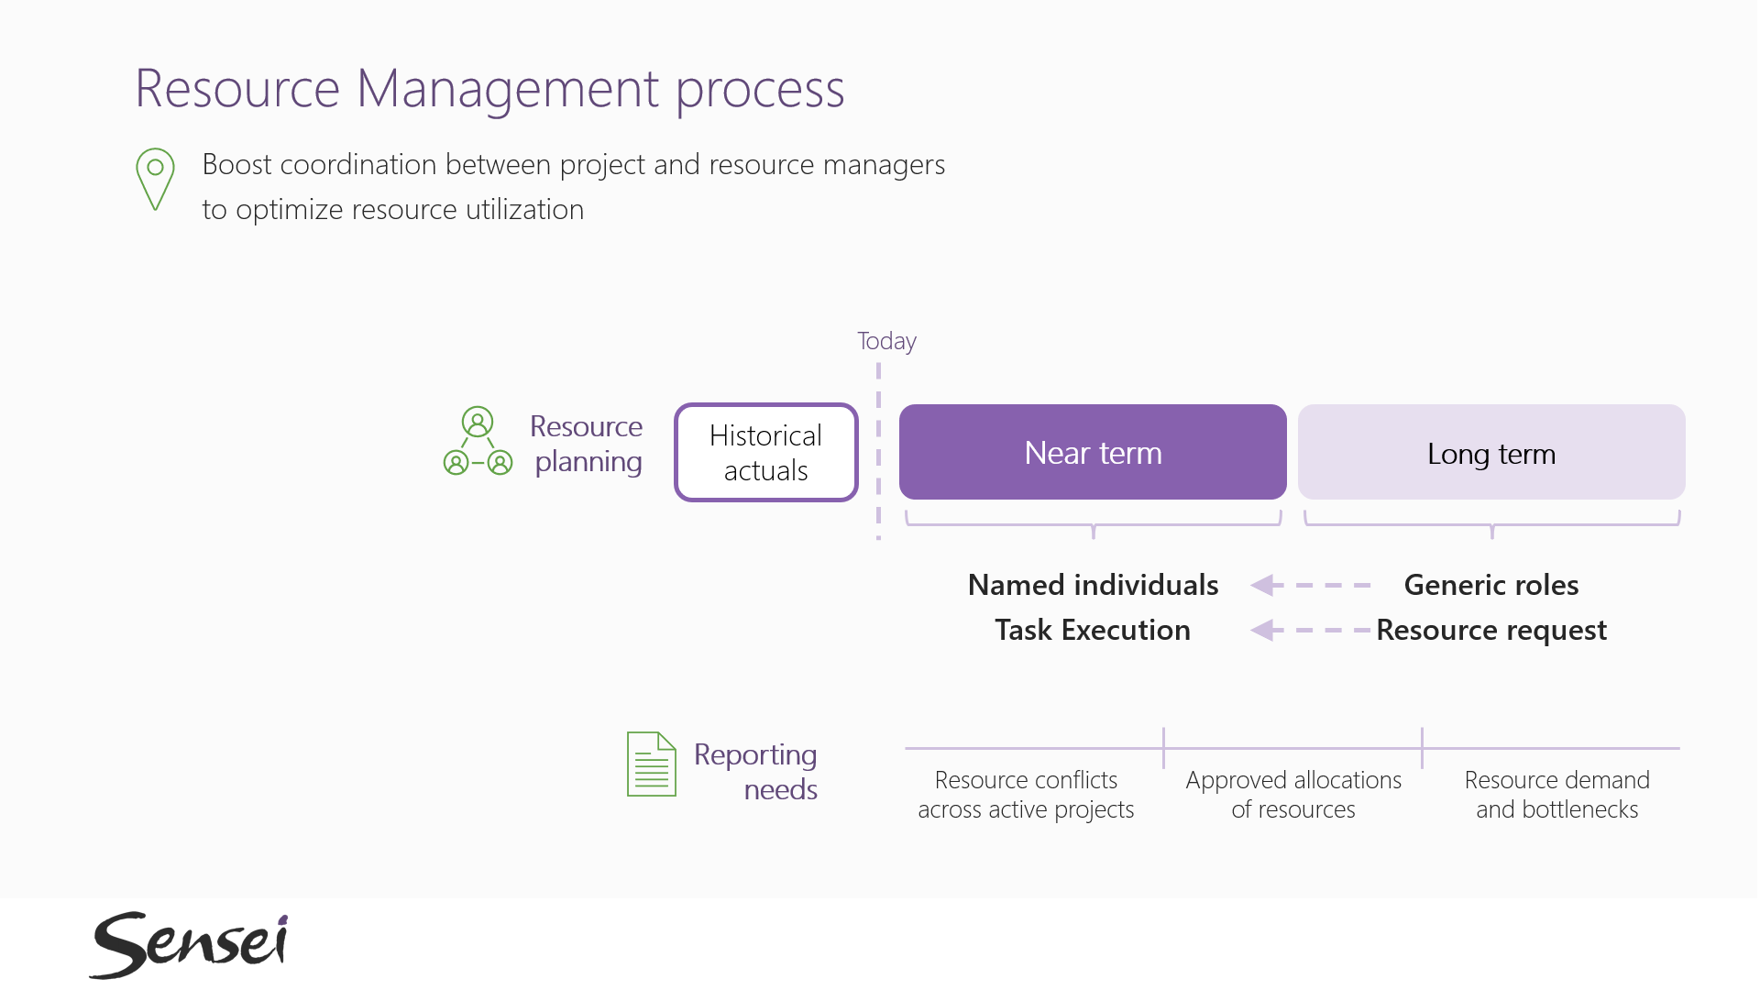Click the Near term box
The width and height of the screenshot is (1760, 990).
pyautogui.click(x=1093, y=452)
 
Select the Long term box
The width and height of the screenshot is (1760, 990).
pyautogui.click(x=1491, y=452)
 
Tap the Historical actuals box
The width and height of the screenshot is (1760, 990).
pyautogui.click(x=766, y=453)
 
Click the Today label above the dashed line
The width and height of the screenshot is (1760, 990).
pyautogui.click(x=886, y=341)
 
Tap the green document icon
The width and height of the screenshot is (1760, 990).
pyautogui.click(x=652, y=764)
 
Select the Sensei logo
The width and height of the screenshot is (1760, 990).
pyautogui.click(x=190, y=944)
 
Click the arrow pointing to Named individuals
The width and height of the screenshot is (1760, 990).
pyautogui.click(x=1311, y=585)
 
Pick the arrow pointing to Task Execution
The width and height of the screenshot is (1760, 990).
pyautogui.click(x=1311, y=630)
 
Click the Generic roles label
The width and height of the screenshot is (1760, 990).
pyautogui.click(x=1491, y=585)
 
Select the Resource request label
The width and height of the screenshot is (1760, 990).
pyautogui.click(x=1491, y=631)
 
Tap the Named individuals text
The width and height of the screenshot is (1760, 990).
pyautogui.click(x=1094, y=585)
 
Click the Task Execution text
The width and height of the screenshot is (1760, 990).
pyautogui.click(x=1093, y=630)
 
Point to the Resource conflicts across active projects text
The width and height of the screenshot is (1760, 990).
pyautogui.click(x=1026, y=795)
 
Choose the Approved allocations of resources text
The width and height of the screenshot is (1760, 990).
pyautogui.click(x=1293, y=795)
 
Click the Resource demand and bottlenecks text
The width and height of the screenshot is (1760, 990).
pyautogui.click(x=1557, y=795)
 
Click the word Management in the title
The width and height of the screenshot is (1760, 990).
pyautogui.click(x=508, y=90)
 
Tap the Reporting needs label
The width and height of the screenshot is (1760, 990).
pyautogui.click(x=755, y=772)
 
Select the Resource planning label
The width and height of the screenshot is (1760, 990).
pyautogui.click(x=587, y=445)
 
